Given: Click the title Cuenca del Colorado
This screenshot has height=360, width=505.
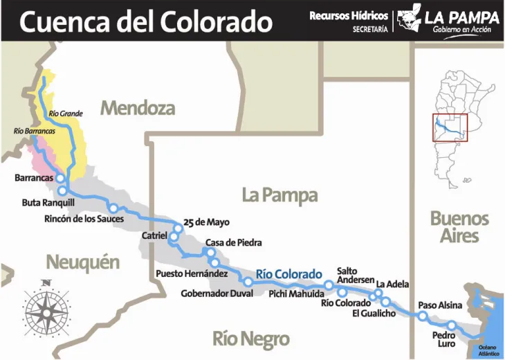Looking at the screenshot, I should coord(145,21).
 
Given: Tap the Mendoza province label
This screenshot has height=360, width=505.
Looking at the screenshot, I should coord(138,108).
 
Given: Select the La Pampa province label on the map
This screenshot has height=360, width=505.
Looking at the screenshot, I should coord(279,195).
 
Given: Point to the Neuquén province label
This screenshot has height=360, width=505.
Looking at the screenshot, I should coord(82,262).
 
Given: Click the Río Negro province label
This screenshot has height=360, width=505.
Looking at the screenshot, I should coord(250,339).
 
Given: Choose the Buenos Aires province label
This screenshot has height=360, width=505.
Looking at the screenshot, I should coord(459,227).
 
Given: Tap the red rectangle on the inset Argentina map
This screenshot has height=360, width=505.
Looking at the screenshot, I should coord(450,127).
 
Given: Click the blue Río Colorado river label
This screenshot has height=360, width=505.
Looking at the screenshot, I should coord(288,273).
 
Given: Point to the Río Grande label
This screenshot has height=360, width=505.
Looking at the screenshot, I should coord(66,114).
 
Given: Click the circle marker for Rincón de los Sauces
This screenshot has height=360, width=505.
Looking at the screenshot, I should coord(112,208).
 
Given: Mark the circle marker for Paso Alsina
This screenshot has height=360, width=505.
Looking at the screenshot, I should coord(422,316).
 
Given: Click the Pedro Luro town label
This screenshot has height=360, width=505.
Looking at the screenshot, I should coord(443,340).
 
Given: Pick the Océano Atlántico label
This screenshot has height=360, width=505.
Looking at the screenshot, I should coord(488,350).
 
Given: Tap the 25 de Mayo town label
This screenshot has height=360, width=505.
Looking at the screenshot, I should coord(206,223).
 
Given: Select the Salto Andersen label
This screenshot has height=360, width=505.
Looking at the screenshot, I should coord(356,275).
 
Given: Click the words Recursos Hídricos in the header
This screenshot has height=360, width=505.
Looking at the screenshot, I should coord(349,15).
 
